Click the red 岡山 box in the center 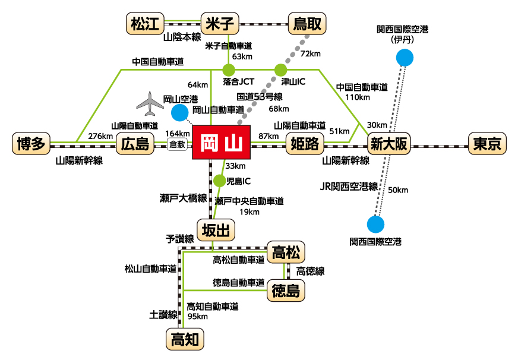(222, 143)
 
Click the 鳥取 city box (307, 24)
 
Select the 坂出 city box (216, 229)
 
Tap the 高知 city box (184, 339)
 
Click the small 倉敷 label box (178, 144)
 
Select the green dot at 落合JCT (229, 70)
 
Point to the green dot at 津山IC (280, 70)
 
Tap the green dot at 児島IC (219, 181)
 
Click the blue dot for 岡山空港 (179, 112)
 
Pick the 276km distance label (100, 136)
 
